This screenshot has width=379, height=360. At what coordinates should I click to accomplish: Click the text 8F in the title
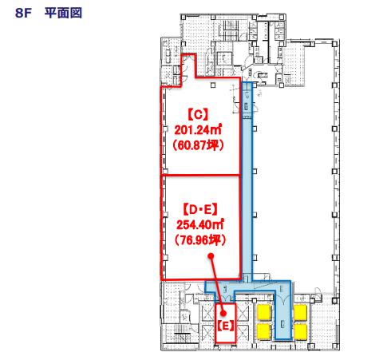pos(23,13)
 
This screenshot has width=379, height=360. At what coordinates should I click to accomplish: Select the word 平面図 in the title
pos(63,13)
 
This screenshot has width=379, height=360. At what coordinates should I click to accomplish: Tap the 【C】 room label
pos(199,115)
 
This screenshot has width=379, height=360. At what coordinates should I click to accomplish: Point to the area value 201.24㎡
pos(198,130)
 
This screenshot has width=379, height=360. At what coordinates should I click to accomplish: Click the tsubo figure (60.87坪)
pos(198,145)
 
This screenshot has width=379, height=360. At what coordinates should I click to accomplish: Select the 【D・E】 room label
pos(200,210)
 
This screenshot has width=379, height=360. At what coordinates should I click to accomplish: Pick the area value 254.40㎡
pos(200,225)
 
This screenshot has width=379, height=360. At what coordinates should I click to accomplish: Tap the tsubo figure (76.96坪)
pos(200,240)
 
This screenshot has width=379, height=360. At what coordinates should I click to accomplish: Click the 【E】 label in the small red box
pos(226,326)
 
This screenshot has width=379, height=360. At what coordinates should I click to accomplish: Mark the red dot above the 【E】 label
pos(223,313)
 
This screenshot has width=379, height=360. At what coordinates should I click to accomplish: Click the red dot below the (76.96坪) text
pos(211,256)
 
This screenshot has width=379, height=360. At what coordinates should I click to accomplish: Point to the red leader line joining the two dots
pos(217,285)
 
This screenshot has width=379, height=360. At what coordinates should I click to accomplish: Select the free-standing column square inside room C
pos(212,85)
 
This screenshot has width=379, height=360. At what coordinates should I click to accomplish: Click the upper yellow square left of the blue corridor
pos(264,312)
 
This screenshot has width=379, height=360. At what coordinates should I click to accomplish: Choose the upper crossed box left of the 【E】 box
pos(207,313)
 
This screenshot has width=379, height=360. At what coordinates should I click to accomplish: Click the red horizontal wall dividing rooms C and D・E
pos(200,175)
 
